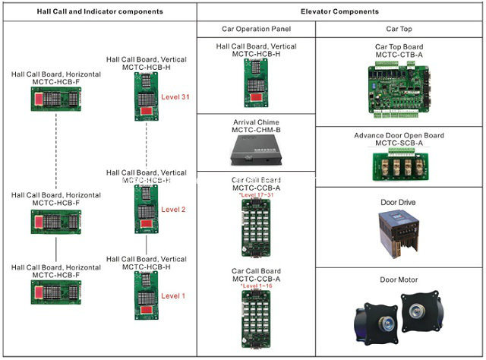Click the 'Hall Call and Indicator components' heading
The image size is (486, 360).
99,12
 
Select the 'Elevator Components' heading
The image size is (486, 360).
339,12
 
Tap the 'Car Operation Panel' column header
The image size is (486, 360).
256,30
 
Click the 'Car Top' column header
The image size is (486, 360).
399,30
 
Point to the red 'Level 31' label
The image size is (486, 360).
175,96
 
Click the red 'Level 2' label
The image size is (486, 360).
174,210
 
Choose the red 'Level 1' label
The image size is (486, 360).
173,295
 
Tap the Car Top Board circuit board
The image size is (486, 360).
399,88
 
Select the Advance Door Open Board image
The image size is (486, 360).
399,164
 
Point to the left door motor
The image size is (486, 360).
374,318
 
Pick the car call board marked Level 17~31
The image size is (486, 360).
256,229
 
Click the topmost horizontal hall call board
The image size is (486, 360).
56,98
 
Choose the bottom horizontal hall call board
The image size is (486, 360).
56,291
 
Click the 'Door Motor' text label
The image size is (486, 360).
399,280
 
